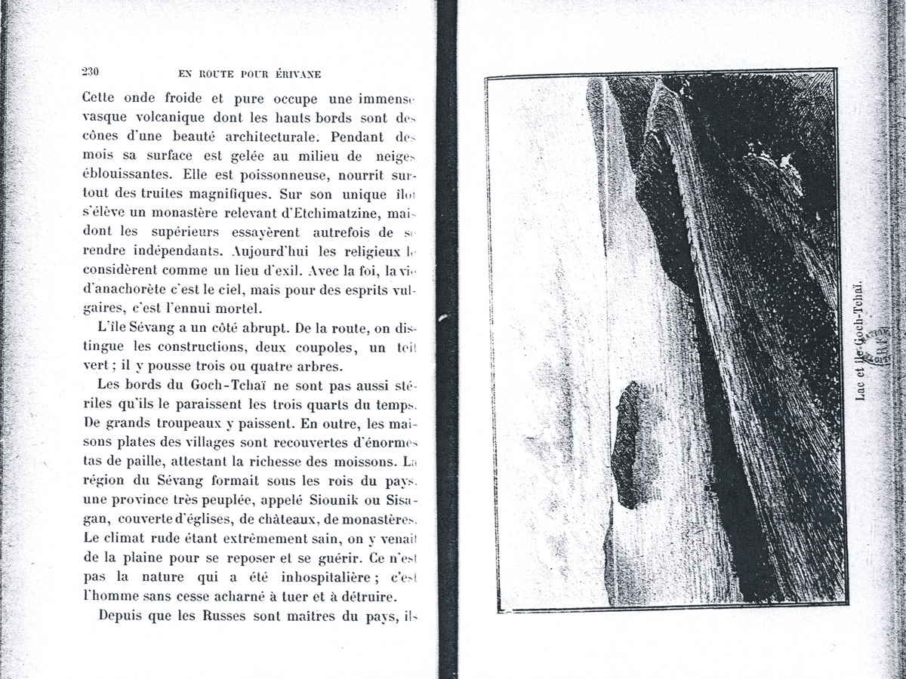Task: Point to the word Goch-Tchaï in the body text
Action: pyautogui.click(x=211, y=386)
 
